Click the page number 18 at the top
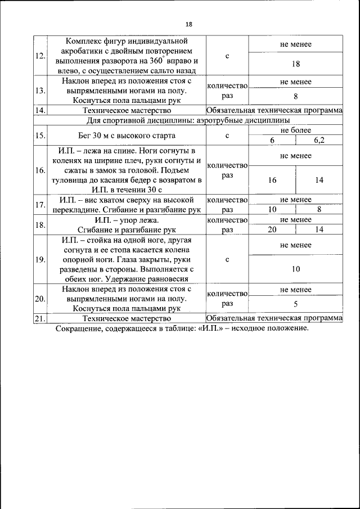pos(188,24)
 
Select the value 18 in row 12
pos(295,64)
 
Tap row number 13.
pos(40,91)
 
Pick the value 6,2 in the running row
pos(319,140)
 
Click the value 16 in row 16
pos(272,180)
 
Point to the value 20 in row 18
pos(272,229)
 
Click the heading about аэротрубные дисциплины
pos(188,120)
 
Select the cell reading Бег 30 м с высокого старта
pos(127,136)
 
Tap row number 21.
pos(40,318)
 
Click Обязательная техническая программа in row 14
pos(274,110)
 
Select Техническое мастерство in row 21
pos(127,318)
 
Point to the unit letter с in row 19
pos(227,260)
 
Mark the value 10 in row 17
pos(272,209)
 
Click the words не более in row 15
pos(295,130)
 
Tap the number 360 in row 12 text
pos(156,61)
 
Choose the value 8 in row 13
pos(295,96)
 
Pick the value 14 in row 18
pos(319,229)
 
